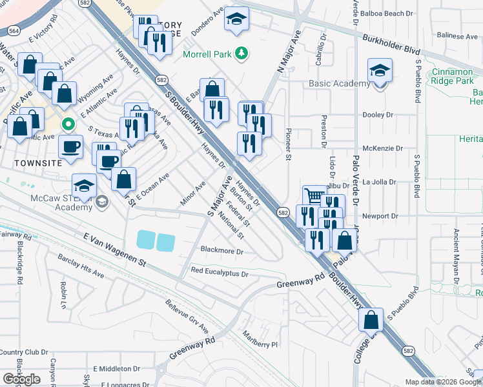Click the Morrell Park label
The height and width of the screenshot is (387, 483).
[206, 54]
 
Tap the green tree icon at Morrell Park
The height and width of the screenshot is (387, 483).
[241, 52]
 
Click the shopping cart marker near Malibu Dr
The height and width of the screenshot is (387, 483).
[314, 197]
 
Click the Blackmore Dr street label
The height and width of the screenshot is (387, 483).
[221, 251]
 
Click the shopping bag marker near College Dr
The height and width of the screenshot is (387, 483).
[371, 320]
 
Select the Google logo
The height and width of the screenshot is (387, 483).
[21, 379]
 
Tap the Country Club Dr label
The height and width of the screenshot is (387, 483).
[24, 352]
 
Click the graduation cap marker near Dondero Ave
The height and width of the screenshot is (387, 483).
[236, 20]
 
